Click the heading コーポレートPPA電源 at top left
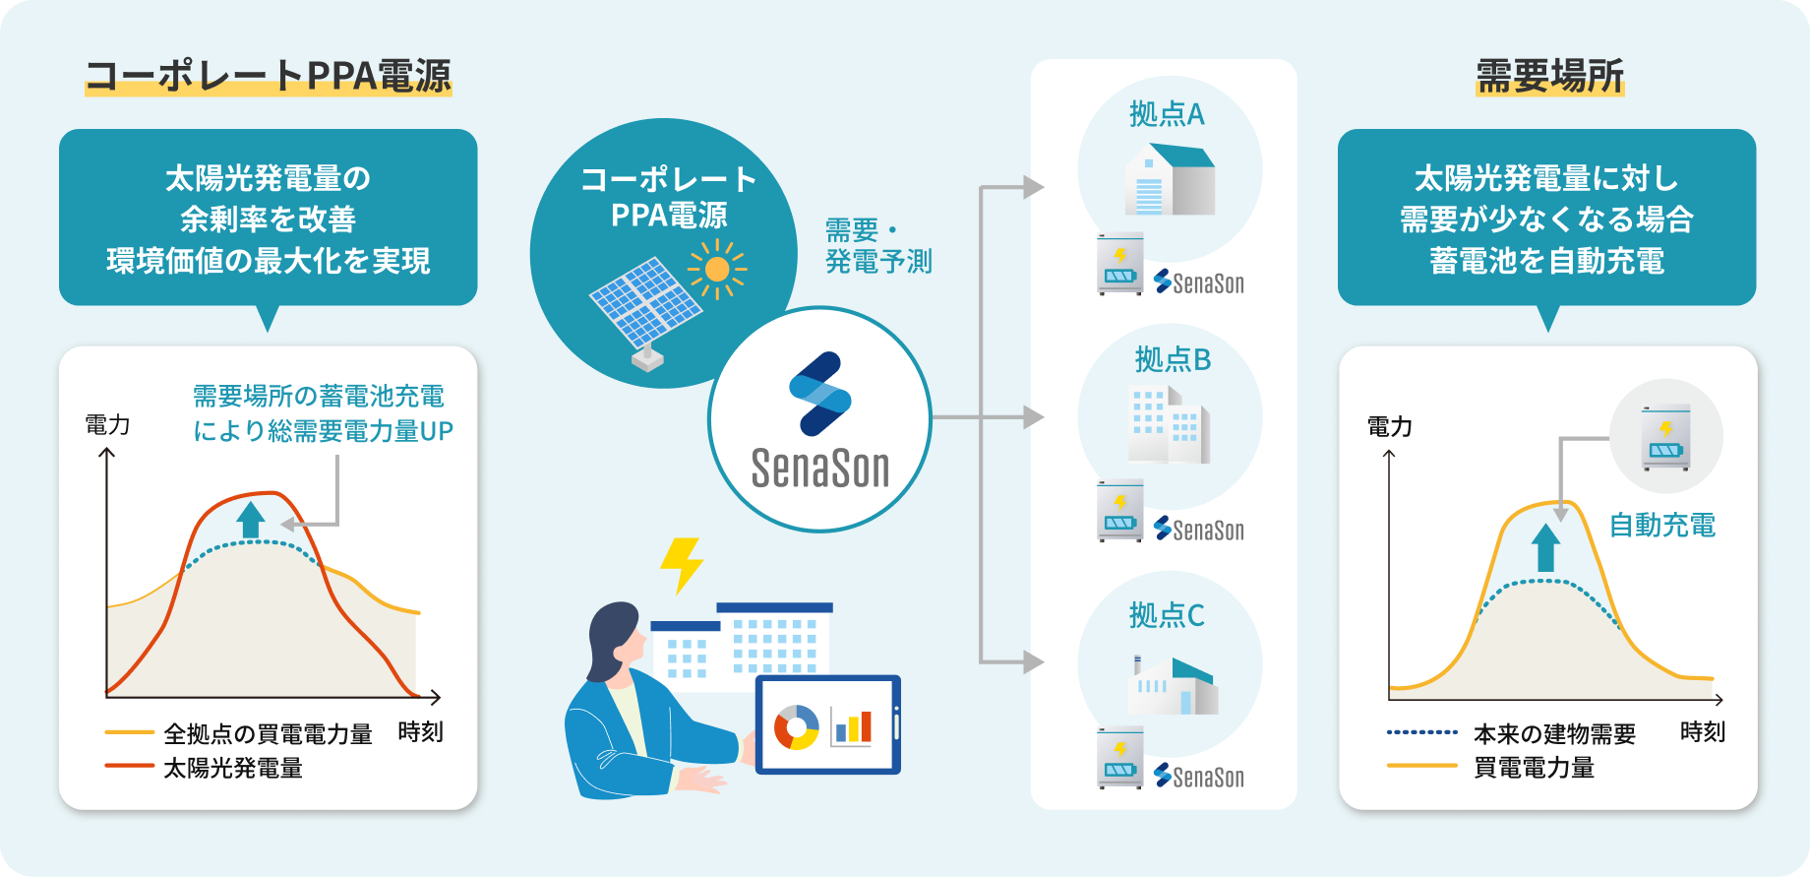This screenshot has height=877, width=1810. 268,76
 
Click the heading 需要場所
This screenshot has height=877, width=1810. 1549,76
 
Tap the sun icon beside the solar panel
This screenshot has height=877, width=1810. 717,269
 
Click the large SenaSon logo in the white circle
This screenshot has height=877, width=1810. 820,421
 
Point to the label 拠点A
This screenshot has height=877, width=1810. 1167,115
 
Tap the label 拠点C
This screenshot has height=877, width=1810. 1167,616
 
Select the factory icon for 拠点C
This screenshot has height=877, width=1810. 1173,683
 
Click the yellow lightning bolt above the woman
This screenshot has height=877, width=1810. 681,564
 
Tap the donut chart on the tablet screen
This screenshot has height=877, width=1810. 796,727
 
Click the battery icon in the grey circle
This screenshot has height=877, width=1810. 1665,437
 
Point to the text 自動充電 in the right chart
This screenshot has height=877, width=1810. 1661,526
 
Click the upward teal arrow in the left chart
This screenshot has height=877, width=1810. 251,519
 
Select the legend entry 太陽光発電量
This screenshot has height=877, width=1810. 233,768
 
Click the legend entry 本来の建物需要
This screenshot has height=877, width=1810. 1554,734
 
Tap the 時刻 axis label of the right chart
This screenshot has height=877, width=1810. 1702,732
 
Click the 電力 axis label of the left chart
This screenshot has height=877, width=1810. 107,425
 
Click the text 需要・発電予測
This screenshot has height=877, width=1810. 877,246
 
